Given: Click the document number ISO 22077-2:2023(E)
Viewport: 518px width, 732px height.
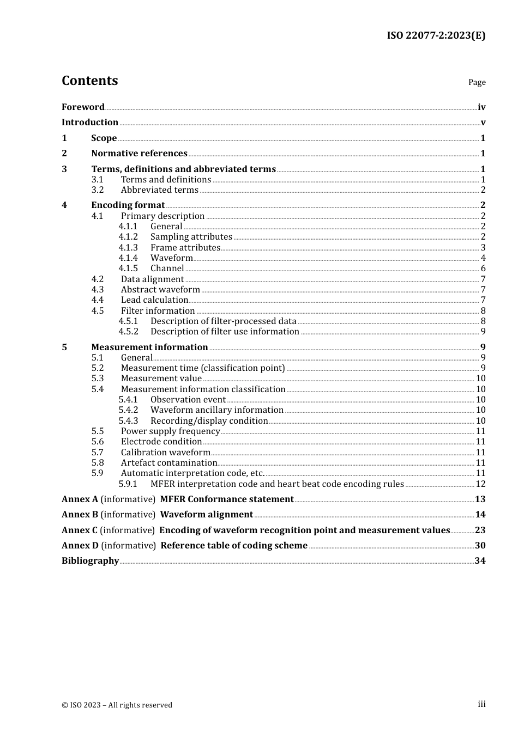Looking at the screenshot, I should [x=436, y=35].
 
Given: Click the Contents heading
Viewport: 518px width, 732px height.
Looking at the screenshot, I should [x=89, y=81].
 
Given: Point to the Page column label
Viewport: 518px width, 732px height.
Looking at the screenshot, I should [x=477, y=82].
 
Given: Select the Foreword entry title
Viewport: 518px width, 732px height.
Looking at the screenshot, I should [x=83, y=107].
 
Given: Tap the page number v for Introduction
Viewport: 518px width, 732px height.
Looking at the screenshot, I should [x=483, y=123].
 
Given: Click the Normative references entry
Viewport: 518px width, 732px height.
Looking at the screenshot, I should [x=139, y=154].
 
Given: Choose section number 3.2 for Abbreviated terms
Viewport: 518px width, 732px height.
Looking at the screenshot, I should [x=98, y=190].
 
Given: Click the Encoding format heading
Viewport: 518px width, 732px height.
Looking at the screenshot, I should [x=128, y=205].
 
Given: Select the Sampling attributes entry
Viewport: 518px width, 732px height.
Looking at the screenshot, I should [x=191, y=237].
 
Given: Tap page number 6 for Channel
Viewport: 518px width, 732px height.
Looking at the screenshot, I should [x=483, y=269].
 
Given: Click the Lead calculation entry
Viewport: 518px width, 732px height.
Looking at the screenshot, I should [x=154, y=300].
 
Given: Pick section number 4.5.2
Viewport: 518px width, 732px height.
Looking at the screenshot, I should [x=128, y=332].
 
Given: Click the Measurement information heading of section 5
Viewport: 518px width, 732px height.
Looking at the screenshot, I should [x=149, y=347].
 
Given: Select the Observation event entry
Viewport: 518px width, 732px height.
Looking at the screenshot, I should [x=188, y=400].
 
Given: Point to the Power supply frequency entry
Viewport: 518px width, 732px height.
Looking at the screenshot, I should [x=170, y=431].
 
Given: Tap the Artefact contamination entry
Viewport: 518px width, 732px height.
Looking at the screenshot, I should [x=168, y=463].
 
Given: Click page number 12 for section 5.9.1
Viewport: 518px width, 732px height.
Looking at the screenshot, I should [x=480, y=484].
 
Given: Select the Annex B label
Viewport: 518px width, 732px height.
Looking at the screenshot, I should [x=80, y=515].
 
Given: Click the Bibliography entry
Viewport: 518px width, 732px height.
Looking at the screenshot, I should [x=90, y=561].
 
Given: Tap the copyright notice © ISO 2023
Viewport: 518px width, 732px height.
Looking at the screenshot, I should [x=117, y=705].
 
